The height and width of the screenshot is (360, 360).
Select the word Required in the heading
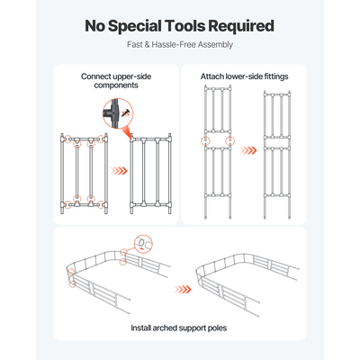click(241, 26)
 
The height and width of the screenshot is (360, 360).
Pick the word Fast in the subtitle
click(134, 45)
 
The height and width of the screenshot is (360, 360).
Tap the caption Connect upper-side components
click(116, 81)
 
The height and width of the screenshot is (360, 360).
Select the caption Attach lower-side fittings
click(244, 76)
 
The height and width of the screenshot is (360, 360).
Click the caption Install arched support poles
click(178, 328)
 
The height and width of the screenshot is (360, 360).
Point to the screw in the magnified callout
click(125, 113)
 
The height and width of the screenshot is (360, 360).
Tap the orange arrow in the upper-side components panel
click(119, 171)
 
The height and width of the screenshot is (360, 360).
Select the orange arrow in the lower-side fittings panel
click(248, 150)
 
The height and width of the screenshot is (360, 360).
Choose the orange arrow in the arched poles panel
click(183, 290)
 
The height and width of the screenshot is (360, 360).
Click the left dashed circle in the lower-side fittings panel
click(205, 140)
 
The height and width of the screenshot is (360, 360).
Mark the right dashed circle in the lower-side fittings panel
click(229, 140)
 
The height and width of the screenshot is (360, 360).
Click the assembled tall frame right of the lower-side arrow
click(277, 155)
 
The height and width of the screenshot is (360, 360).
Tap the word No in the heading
click(94, 26)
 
